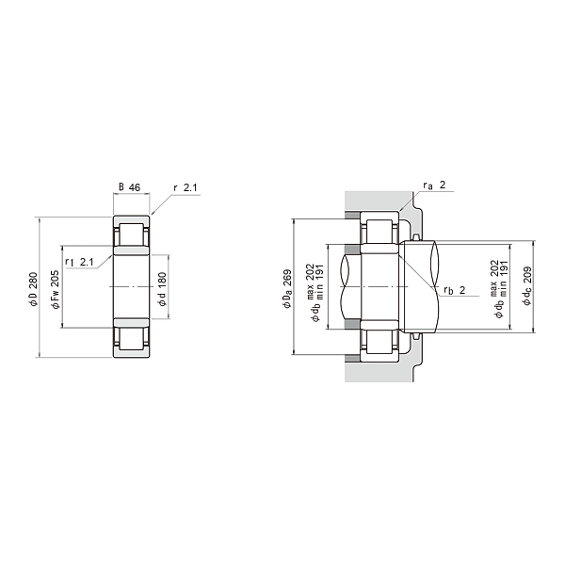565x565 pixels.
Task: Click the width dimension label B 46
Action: click(129, 187)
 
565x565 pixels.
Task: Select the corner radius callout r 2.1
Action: click(186, 187)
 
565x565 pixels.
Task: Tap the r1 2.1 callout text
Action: click(79, 262)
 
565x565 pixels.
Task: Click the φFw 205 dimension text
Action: click(56, 290)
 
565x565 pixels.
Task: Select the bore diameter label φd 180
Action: click(162, 289)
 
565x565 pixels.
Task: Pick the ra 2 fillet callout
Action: click(434, 186)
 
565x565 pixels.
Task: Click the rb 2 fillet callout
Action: click(455, 290)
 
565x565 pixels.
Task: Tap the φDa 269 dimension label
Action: click(287, 289)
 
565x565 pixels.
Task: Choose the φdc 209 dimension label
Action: click(527, 286)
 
